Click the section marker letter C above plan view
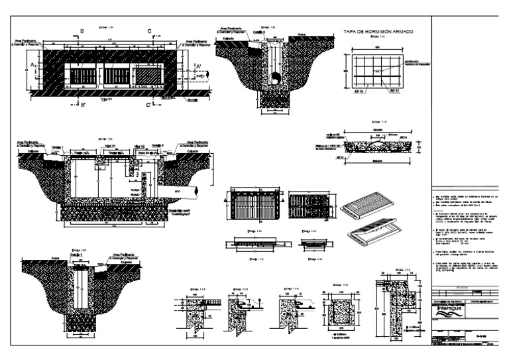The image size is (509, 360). pos(150,30)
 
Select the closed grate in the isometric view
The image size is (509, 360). pos(363,205)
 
